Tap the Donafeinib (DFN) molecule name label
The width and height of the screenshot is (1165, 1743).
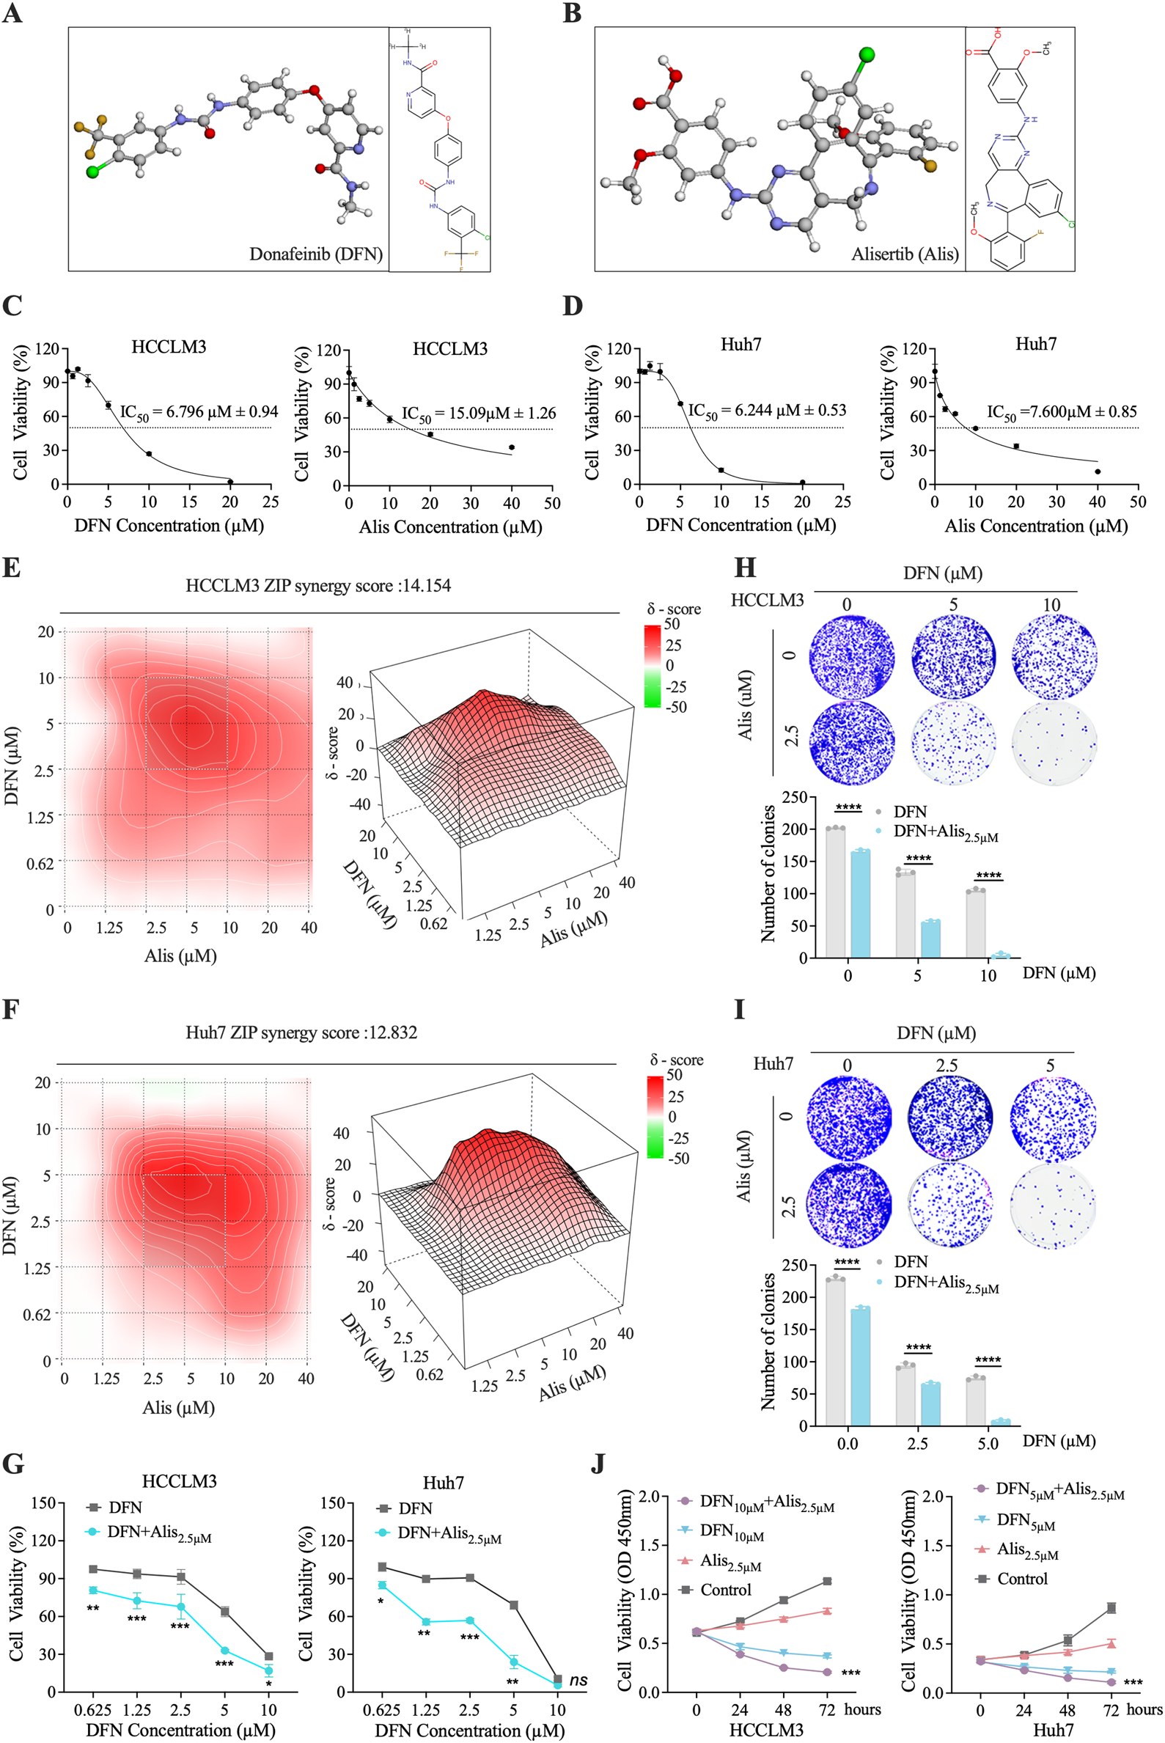coord(316,254)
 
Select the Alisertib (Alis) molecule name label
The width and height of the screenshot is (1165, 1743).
coord(904,254)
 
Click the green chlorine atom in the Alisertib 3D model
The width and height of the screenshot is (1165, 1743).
coord(867,54)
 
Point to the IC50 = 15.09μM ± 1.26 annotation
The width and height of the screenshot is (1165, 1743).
coord(479,414)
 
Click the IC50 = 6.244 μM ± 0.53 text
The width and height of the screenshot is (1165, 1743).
coord(767,411)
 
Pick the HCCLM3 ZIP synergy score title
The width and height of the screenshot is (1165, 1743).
coord(318,585)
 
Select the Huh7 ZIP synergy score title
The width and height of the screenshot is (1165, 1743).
coord(301,1032)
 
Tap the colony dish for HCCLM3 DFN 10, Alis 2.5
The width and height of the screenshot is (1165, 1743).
coord(1054,743)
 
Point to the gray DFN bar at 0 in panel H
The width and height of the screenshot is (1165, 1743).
coord(835,892)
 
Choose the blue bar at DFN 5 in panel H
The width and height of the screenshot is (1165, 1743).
coord(930,939)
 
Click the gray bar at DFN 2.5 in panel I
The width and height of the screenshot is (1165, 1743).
coord(905,1395)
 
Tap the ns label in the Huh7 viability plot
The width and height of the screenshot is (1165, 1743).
coord(578,1681)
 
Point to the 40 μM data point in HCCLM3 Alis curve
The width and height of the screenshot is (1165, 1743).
coord(511,447)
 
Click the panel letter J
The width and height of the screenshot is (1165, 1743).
coord(598,1464)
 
